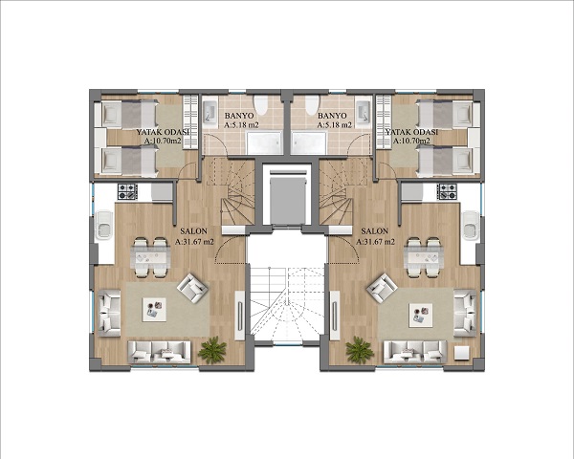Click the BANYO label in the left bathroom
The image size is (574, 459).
(x=239, y=116)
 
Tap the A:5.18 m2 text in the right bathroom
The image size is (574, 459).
(x=335, y=125)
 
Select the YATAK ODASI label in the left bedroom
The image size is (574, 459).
(x=163, y=132)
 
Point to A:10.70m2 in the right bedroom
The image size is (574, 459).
(x=411, y=141)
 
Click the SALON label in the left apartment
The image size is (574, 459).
(x=193, y=231)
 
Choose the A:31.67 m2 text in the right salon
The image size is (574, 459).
(x=375, y=242)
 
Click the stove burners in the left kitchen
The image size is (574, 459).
(x=127, y=192)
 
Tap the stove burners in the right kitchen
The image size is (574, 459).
(x=447, y=192)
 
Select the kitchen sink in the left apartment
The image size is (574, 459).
(x=104, y=225)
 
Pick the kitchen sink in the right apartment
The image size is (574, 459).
(x=471, y=225)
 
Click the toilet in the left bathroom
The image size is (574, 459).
(x=261, y=105)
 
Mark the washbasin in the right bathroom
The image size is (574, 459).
(x=364, y=111)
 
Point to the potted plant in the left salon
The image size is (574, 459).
(x=212, y=350)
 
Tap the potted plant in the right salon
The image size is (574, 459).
(x=360, y=350)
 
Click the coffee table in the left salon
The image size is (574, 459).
(x=154, y=310)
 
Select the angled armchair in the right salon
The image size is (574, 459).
(x=382, y=288)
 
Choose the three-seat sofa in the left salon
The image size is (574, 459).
(x=159, y=352)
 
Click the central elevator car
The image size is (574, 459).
(x=287, y=201)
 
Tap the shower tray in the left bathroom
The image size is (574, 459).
(x=265, y=143)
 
